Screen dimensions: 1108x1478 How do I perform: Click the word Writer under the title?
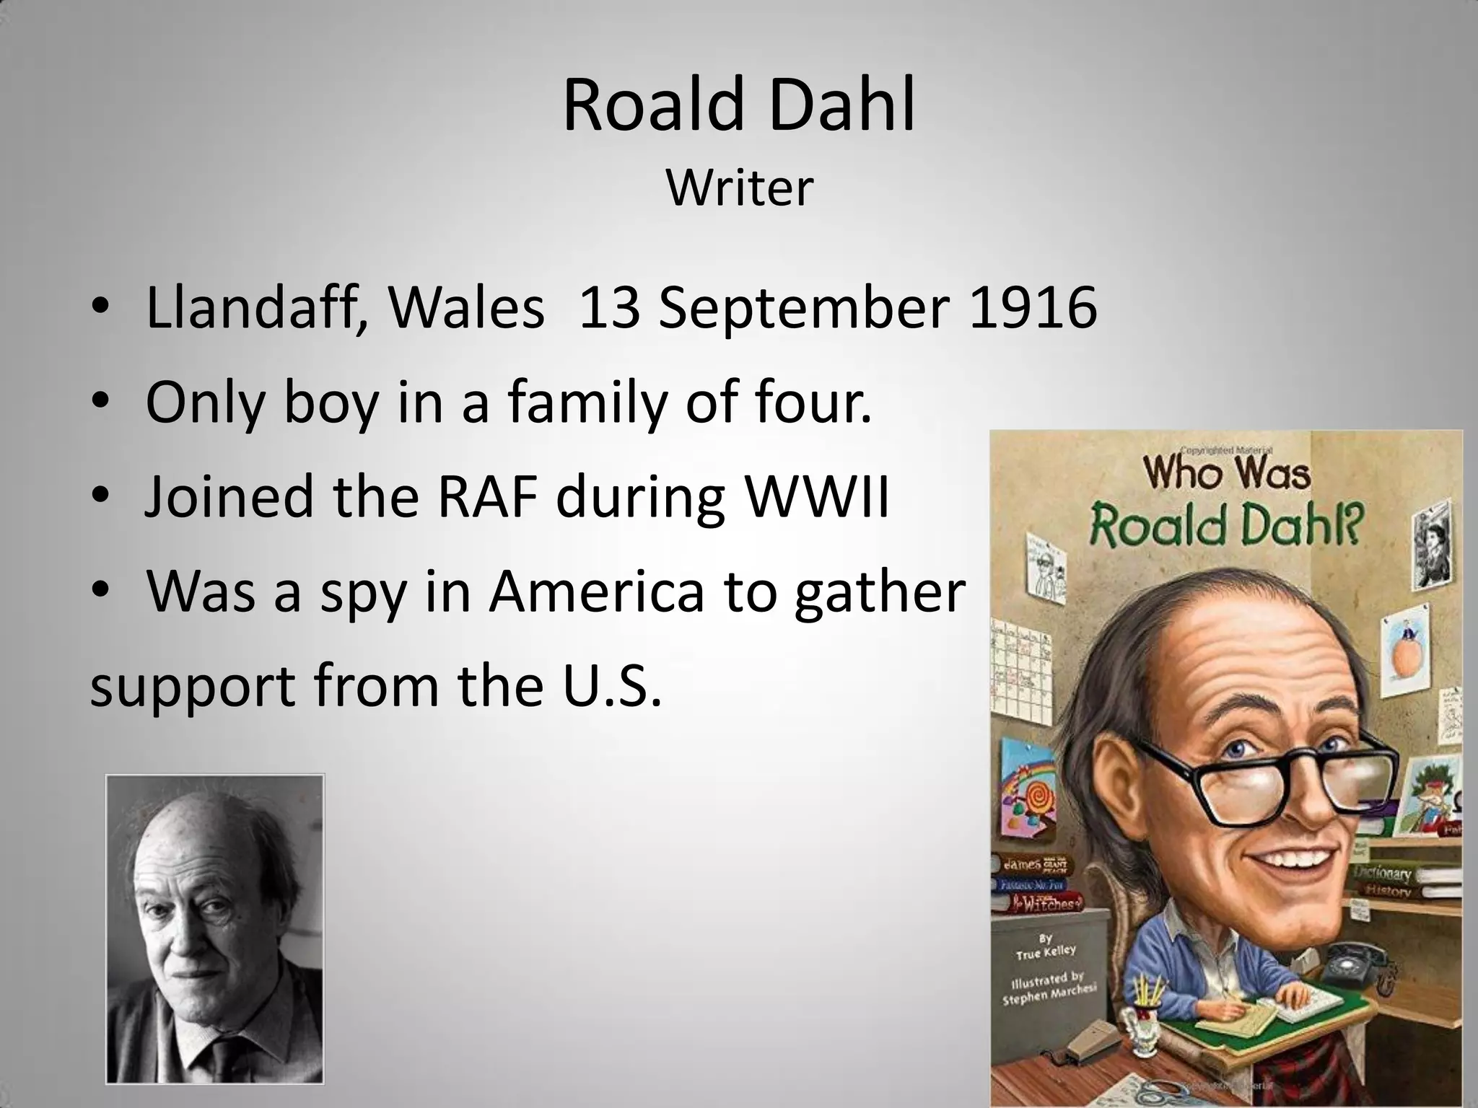740,189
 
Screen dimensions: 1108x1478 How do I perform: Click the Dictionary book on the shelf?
1382,875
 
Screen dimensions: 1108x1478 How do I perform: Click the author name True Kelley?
1046,951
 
